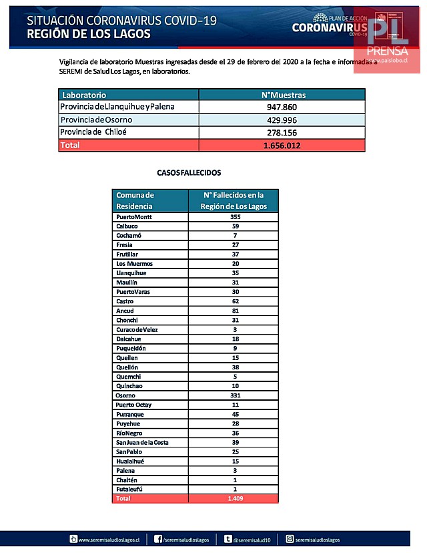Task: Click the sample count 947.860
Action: [282, 108]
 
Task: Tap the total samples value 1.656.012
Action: [282, 145]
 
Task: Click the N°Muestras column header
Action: [282, 95]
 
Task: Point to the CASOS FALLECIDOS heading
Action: [189, 172]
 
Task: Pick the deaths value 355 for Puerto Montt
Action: [234, 217]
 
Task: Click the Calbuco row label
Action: [128, 226]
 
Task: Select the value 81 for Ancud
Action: [234, 311]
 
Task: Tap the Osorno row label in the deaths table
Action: [127, 395]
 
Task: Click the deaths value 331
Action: [234, 395]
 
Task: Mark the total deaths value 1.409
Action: [234, 498]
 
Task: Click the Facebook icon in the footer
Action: [159, 538]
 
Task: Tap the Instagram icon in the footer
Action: [290, 538]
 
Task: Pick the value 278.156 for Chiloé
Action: [282, 132]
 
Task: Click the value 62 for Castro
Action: [234, 301]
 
